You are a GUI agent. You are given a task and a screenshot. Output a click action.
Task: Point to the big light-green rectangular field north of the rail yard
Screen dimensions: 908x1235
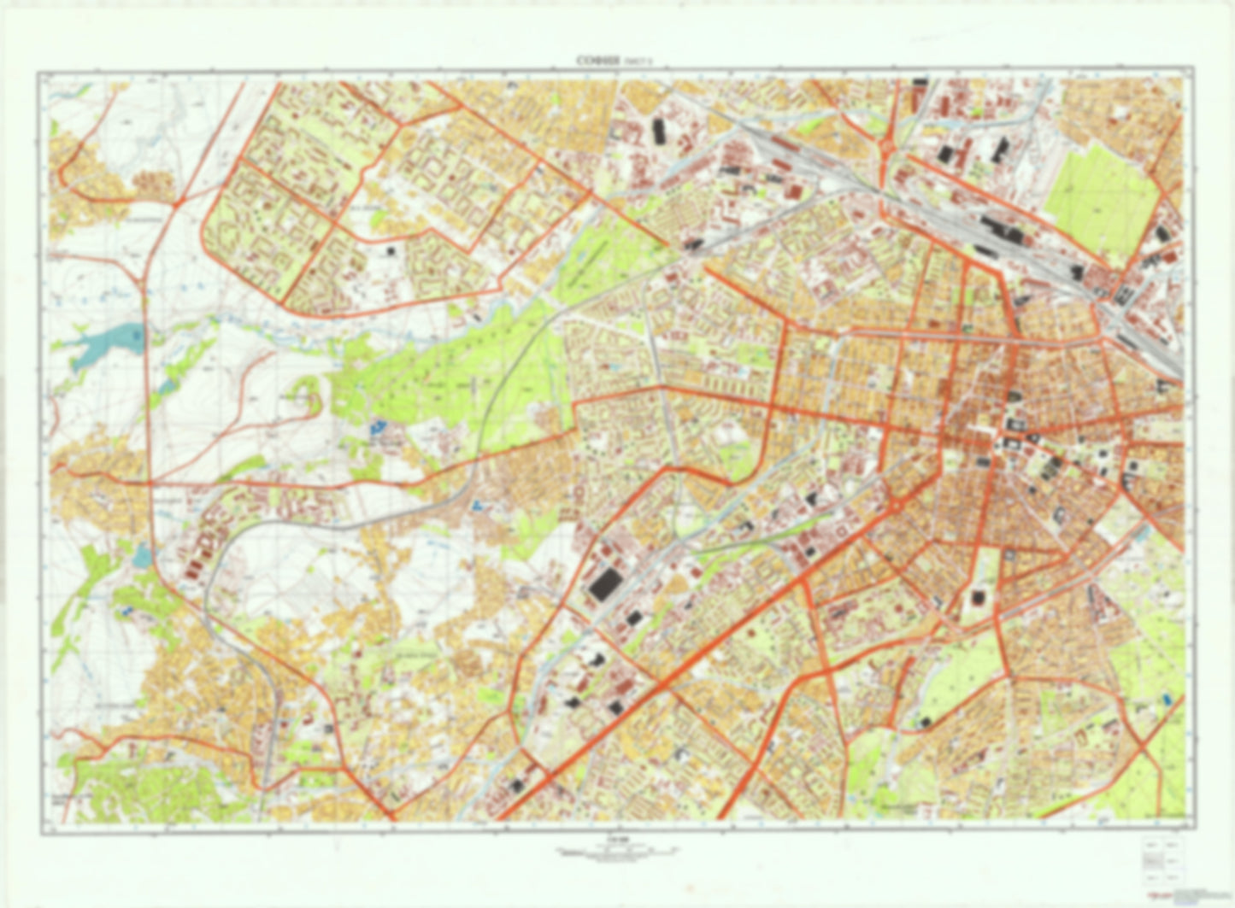click(1102, 201)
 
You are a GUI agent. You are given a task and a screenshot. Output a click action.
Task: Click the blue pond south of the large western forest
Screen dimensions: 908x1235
click(377, 426)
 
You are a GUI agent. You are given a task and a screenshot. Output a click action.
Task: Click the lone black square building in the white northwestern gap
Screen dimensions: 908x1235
click(392, 251)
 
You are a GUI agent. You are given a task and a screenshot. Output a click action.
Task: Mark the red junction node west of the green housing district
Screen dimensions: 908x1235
click(179, 203)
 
